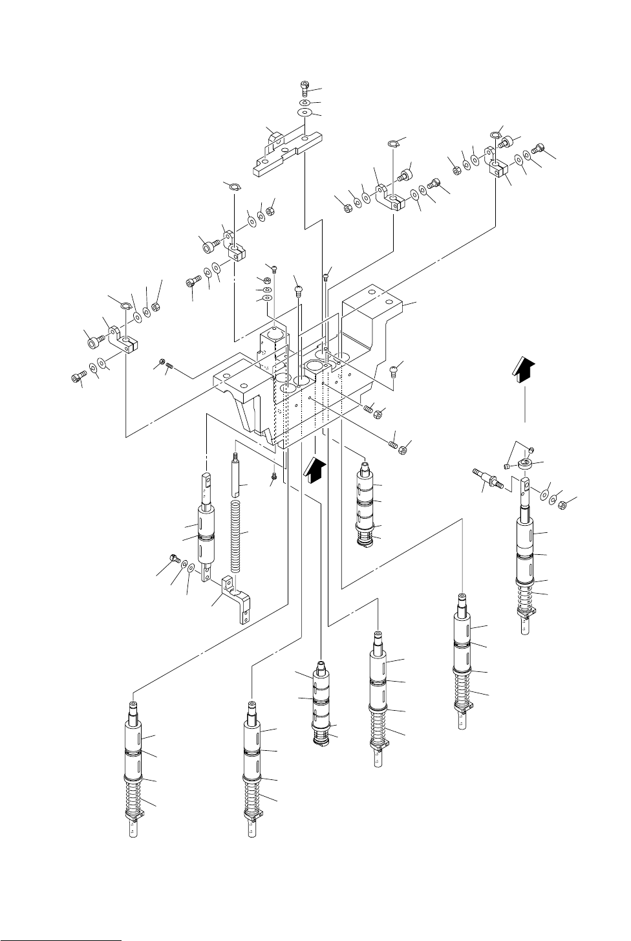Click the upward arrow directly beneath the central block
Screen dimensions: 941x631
[x=314, y=468]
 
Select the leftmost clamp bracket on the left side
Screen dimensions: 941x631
[x=124, y=338]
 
